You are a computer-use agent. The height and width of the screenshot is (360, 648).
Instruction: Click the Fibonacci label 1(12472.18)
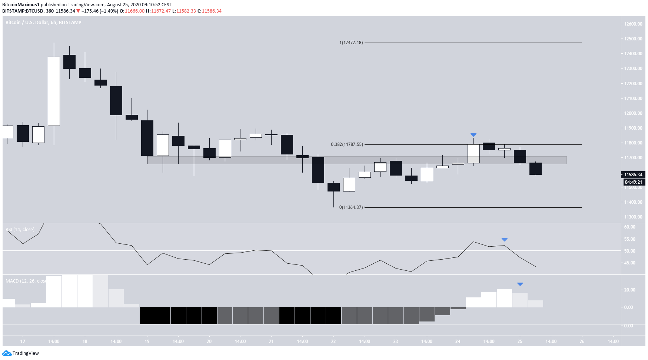coord(351,43)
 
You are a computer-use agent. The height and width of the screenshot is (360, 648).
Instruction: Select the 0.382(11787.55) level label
coord(347,144)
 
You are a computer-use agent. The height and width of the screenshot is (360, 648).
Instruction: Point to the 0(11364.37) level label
coord(351,207)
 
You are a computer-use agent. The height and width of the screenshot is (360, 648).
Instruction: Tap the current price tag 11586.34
coord(633,175)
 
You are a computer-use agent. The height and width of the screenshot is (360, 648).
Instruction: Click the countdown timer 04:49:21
coord(633,182)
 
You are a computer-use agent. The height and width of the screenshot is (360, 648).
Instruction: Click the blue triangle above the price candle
coord(473,135)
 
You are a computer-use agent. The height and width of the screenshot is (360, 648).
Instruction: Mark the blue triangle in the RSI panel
coord(504,240)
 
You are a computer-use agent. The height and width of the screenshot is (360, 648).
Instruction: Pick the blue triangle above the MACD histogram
coord(520,284)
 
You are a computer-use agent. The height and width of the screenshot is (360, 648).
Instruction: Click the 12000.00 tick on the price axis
coord(633,113)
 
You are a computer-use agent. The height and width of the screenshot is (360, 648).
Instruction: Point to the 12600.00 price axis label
coord(633,24)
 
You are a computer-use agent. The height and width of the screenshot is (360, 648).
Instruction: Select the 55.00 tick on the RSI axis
coord(630,239)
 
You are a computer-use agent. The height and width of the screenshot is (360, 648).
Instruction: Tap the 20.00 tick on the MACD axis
coord(630,290)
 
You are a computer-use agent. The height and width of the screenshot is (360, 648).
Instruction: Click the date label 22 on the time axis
coord(333,341)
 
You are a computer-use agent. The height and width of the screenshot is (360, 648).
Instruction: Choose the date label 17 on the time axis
coord(23,341)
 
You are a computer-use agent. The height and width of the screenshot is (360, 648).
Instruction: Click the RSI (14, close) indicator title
coord(20,230)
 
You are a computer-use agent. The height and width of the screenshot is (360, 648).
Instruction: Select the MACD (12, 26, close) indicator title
coord(26,281)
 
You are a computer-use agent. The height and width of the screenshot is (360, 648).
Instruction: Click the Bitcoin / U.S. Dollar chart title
coord(43,23)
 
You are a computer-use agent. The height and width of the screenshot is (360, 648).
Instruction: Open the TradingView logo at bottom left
coord(21,353)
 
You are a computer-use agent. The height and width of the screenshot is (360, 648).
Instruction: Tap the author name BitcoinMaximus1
coord(21,5)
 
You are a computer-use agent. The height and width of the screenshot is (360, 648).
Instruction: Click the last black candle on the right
coord(535,169)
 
